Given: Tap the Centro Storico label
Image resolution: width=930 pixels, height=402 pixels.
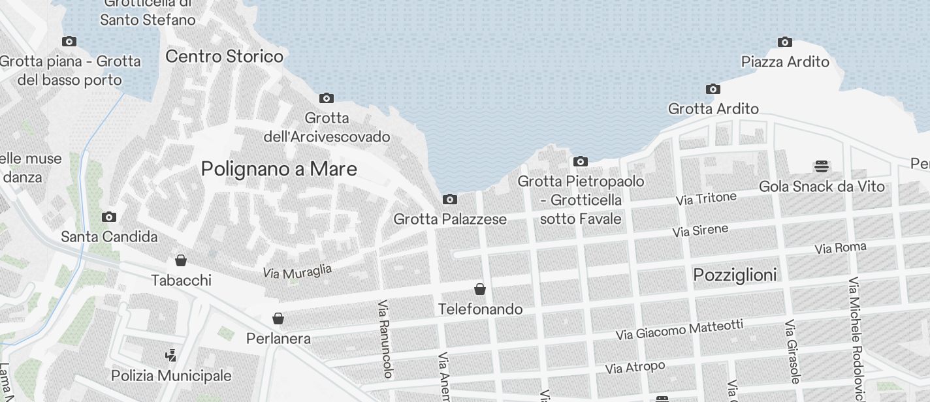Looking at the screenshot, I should [x=224, y=56].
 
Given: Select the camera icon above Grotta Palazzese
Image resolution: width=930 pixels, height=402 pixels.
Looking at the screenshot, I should [x=449, y=199].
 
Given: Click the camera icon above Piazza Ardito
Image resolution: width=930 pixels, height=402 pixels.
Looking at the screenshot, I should [x=785, y=42].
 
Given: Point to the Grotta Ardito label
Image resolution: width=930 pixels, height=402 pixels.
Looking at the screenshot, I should [x=713, y=109].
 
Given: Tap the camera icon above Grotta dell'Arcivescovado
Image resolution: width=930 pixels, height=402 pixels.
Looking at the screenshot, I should [x=326, y=99].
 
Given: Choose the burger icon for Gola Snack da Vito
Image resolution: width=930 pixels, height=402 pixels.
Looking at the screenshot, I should [x=822, y=166].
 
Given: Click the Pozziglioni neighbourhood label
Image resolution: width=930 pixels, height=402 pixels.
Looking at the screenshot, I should [x=735, y=275].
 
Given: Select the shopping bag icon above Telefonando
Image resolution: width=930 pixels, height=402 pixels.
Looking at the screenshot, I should [x=480, y=289].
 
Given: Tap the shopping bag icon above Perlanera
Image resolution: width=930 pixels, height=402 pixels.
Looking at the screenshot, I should [x=278, y=318].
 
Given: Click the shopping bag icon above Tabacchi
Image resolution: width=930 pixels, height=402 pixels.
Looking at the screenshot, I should [x=181, y=260].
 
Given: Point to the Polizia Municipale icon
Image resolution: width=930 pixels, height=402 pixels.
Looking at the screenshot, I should [x=171, y=356].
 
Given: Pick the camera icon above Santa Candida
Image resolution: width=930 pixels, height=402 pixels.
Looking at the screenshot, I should [x=109, y=217].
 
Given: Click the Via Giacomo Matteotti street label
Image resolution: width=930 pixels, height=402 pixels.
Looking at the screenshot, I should [x=679, y=330].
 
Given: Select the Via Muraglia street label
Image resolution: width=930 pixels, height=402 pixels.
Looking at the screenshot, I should [x=297, y=271].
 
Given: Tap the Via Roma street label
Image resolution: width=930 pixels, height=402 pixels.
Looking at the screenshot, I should [x=840, y=248].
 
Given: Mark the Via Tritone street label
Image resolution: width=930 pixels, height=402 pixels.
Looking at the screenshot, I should [x=706, y=198].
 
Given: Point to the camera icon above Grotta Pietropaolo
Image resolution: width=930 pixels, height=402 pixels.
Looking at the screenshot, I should [x=580, y=161].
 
